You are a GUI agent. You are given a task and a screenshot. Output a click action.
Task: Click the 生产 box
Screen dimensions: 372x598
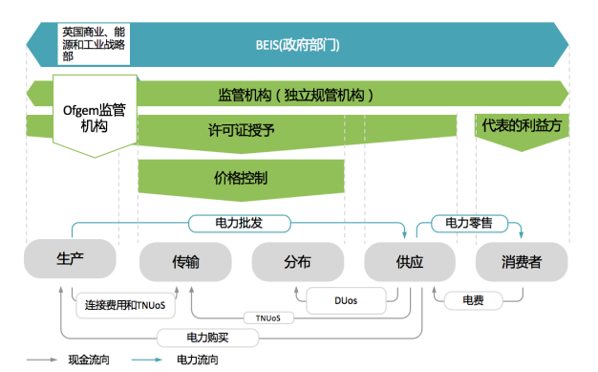click(x=70, y=259)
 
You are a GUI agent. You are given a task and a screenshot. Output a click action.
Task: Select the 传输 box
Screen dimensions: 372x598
click(x=185, y=261)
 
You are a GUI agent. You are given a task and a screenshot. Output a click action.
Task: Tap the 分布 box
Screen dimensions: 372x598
click(x=297, y=261)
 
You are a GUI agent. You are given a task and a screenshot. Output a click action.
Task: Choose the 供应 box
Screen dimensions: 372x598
click(x=409, y=261)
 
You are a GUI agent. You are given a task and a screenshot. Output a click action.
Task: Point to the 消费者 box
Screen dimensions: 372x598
click(x=522, y=261)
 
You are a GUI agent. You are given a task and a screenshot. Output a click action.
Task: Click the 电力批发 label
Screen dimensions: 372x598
click(x=239, y=223)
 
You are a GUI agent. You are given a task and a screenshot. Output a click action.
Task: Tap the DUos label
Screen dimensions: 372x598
click(x=347, y=299)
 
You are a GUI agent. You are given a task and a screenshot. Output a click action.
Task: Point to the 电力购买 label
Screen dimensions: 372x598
click(x=207, y=338)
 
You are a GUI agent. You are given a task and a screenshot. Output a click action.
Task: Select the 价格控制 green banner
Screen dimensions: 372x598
click(x=241, y=177)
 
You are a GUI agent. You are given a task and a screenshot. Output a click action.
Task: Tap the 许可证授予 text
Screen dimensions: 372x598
click(x=241, y=130)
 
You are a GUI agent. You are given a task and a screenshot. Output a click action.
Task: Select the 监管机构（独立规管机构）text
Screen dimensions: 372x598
click(x=296, y=95)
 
